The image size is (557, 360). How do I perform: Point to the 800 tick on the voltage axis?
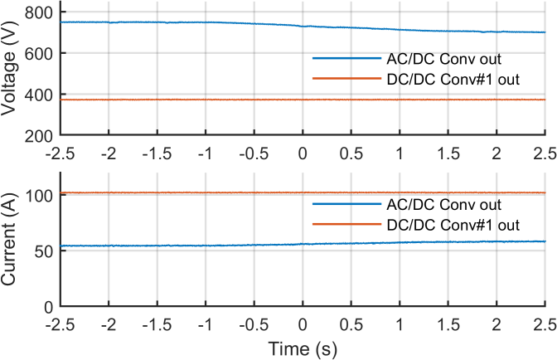pyautogui.click(x=41, y=12)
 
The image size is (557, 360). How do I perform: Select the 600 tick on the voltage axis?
pyautogui.click(x=41, y=54)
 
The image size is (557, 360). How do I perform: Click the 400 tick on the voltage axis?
pyautogui.click(x=41, y=95)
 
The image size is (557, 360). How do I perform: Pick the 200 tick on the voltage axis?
pyautogui.click(x=41, y=135)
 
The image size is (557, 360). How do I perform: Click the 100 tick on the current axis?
pyautogui.click(x=41, y=196)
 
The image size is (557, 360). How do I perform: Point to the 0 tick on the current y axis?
pyautogui.click(x=49, y=307)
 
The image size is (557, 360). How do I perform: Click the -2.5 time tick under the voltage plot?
pyautogui.click(x=60, y=153)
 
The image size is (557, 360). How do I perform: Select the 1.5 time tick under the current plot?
pyautogui.click(x=448, y=324)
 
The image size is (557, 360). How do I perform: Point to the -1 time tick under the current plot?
pyautogui.click(x=206, y=324)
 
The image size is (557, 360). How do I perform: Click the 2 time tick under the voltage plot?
pyautogui.click(x=497, y=153)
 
